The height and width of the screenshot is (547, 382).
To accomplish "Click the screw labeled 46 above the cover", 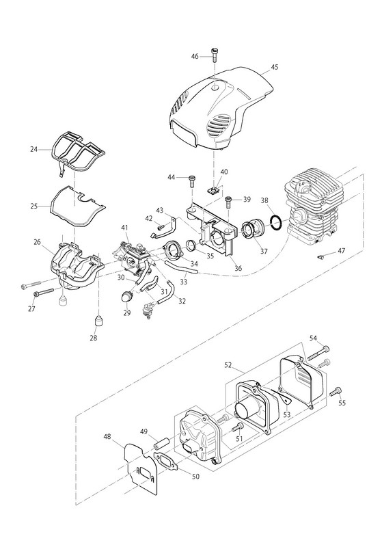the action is click(x=214, y=55).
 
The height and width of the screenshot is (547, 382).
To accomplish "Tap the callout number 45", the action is click(x=274, y=67).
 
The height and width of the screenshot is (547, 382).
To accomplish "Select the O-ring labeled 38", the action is click(x=276, y=223).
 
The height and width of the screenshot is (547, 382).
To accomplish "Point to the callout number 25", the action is click(x=33, y=206).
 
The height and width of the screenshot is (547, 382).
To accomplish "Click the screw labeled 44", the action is click(x=192, y=181).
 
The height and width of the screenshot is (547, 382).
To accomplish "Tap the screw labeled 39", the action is click(x=228, y=201).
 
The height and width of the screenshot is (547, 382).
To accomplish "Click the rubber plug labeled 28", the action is click(x=99, y=320).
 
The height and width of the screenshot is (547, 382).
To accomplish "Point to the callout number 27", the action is click(x=31, y=309).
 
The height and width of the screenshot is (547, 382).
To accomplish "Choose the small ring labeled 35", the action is click(x=191, y=245).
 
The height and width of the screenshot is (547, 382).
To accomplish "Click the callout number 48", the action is click(x=107, y=436).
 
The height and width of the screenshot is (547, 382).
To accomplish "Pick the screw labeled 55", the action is click(x=336, y=392).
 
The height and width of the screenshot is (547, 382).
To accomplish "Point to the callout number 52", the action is click(x=228, y=365).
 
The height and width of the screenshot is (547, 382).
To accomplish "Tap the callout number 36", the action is click(x=238, y=268).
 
